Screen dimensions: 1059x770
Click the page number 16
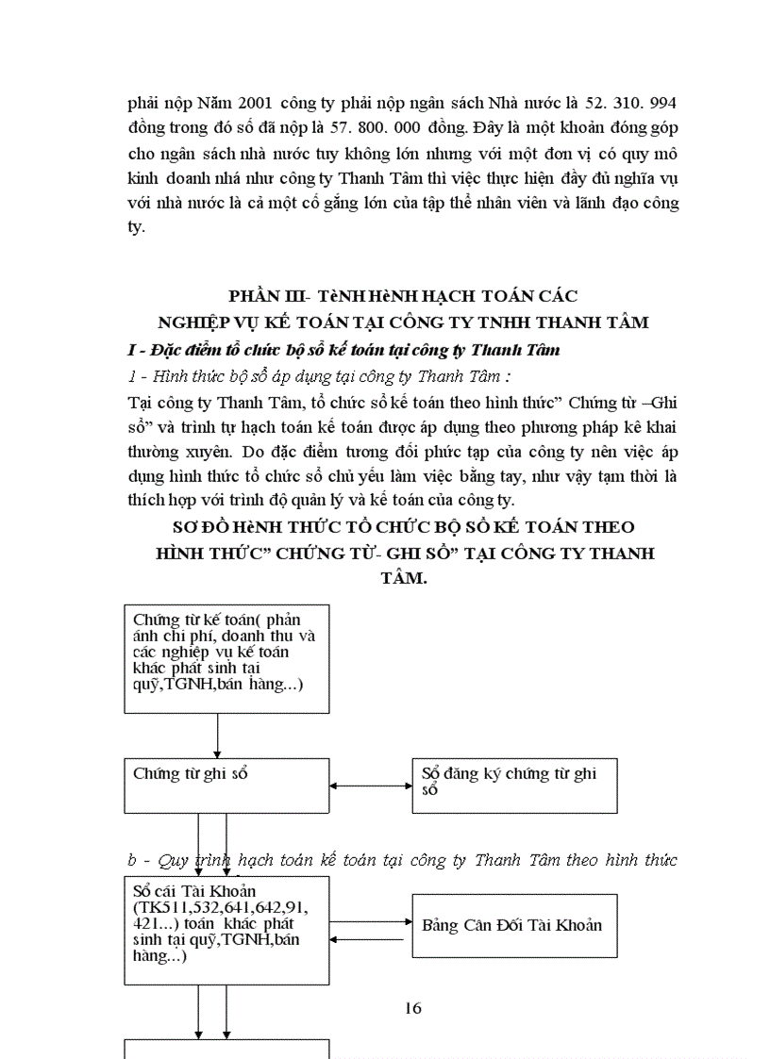coord(412,1008)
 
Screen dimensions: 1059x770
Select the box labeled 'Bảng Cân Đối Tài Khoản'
coord(514,924)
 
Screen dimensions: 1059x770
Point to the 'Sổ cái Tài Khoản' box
coord(226,930)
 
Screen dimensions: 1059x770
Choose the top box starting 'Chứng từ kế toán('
coord(226,658)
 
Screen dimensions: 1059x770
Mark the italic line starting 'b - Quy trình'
coord(402,860)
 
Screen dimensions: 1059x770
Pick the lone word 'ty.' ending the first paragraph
coord(136,228)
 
